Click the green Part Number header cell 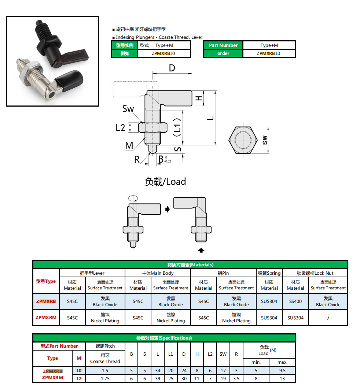point(223,45)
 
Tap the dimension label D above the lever point(172,68)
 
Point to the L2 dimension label point(120,127)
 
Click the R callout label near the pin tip point(137,159)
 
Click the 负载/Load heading point(165,181)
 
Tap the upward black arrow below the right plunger point(201,250)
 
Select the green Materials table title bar point(190,264)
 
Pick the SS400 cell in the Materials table point(295,301)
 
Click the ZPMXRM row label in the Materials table point(46,318)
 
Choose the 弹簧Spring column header point(269,273)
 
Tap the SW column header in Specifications point(223,354)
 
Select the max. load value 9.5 point(282,370)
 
